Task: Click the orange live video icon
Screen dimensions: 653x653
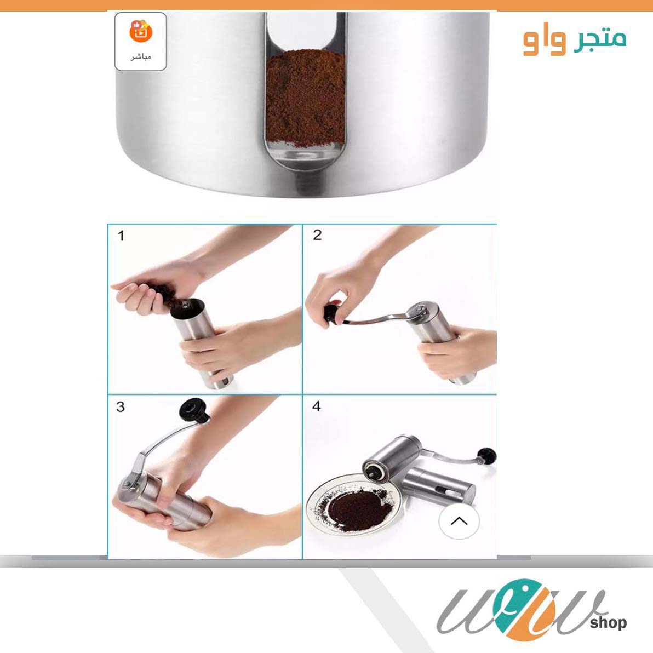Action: [140, 31]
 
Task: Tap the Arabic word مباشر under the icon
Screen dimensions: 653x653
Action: [140, 56]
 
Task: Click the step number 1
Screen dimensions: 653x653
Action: [121, 236]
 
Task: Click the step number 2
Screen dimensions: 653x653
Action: [317, 236]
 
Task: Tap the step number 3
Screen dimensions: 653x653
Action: [121, 407]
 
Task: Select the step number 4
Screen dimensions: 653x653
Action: [316, 406]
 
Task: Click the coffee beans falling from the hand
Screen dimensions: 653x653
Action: [164, 293]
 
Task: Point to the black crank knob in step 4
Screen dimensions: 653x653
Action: [487, 455]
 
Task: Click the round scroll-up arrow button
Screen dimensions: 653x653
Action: [459, 521]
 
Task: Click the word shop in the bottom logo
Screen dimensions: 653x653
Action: [609, 622]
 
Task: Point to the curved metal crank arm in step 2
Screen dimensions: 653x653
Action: [378, 320]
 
